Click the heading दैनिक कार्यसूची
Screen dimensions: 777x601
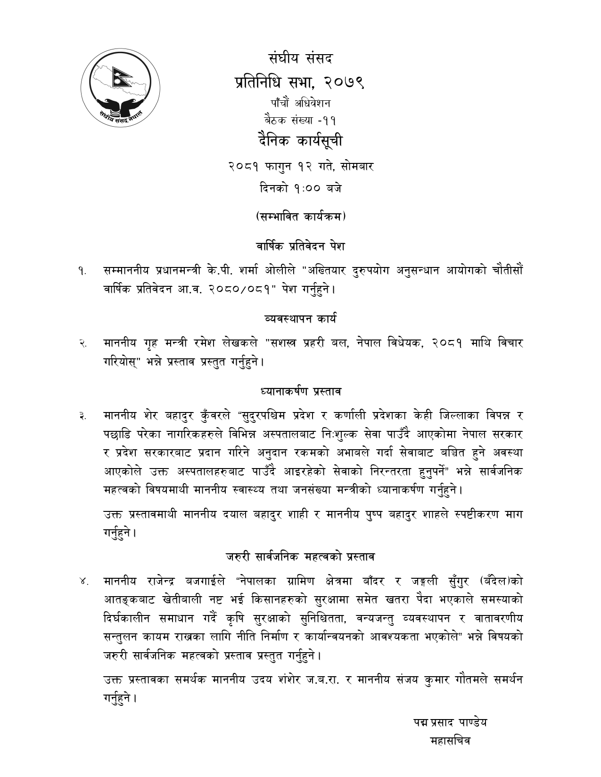point(301,141)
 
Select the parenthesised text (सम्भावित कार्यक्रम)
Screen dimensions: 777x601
point(301,217)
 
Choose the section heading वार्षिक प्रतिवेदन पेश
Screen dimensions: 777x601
point(301,246)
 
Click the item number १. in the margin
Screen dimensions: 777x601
point(82,271)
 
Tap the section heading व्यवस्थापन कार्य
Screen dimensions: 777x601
point(301,318)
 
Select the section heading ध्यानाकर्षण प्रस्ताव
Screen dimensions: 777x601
point(301,391)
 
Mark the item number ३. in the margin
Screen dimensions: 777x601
point(82,416)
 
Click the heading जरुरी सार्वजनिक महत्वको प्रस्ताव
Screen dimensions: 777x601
point(301,557)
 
